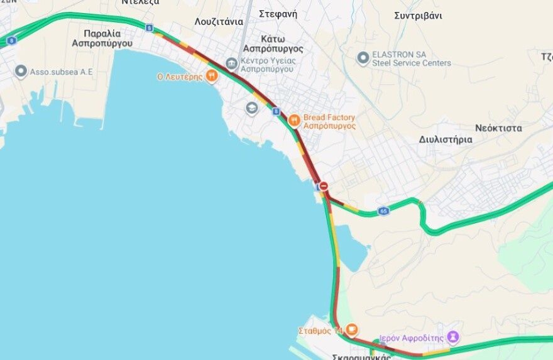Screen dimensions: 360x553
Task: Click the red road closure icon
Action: (x=324, y=186)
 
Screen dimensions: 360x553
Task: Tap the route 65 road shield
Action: (x=383, y=211)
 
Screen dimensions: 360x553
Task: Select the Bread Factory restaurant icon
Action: (x=293, y=121)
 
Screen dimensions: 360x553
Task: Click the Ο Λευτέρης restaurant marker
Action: (x=212, y=77)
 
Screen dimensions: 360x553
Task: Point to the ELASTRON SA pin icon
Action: (x=363, y=58)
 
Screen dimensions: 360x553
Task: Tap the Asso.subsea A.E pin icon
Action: (x=21, y=72)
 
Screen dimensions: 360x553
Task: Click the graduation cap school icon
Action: (x=252, y=108)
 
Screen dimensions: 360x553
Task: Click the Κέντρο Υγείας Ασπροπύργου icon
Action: (x=231, y=63)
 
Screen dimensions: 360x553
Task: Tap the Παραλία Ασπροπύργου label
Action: (x=102, y=38)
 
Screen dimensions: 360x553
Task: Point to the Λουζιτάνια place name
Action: (x=219, y=21)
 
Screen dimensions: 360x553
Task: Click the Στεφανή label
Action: (x=278, y=13)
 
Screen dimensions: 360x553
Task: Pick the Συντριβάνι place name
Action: (x=418, y=16)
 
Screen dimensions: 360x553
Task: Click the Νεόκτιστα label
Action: (x=498, y=128)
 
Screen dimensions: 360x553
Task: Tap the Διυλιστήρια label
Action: (x=446, y=139)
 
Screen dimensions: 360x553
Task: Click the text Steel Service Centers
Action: (x=412, y=63)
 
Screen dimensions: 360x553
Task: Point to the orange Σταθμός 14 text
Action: (x=320, y=330)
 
